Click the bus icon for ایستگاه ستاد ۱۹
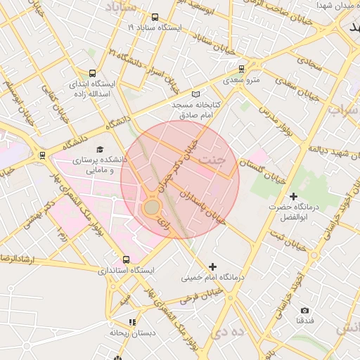155,18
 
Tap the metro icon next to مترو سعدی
242,69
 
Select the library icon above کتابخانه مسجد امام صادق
196,94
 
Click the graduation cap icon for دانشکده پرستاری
100,150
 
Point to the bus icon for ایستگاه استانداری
126,259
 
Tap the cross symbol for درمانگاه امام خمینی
212,266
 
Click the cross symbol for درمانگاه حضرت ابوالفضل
293,195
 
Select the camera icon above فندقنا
304,310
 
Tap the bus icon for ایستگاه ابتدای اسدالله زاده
93,72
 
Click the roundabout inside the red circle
152,207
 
